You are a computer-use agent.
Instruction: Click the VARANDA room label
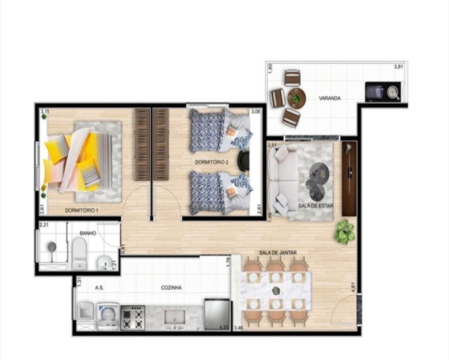329,98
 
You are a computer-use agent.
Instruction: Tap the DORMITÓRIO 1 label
81,210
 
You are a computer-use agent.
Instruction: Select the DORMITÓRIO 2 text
212,162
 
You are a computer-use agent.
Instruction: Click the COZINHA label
171,288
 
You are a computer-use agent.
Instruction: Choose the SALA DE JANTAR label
277,253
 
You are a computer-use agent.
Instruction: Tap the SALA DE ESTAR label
313,205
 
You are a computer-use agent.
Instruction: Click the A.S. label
99,288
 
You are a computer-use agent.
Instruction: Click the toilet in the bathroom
79,254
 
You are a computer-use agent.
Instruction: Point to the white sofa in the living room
282,180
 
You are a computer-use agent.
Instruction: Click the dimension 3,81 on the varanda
398,67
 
